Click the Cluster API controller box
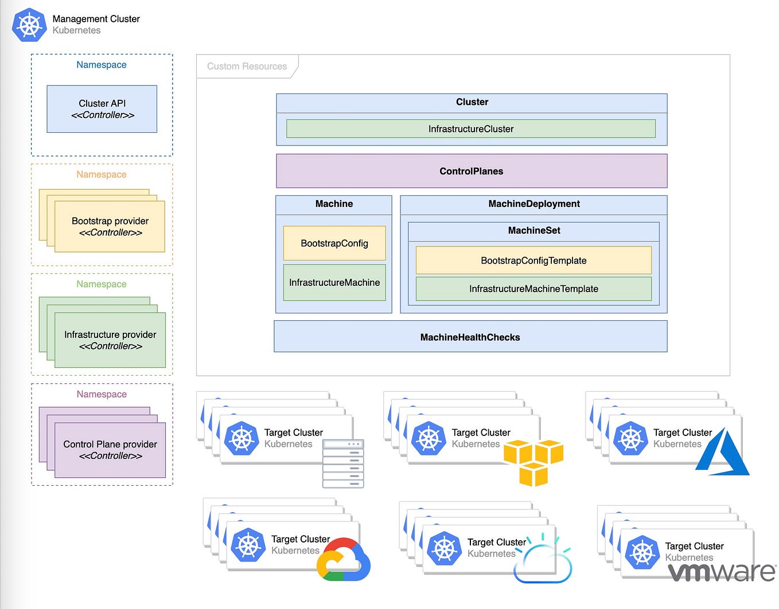102,109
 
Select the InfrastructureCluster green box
470,129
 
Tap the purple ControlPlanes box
471,171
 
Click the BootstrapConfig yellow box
334,243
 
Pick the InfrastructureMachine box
334,282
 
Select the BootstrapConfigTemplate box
533,260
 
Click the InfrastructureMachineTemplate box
533,289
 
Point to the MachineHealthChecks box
470,337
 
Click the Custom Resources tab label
247,66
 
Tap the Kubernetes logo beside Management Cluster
29,25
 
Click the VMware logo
722,571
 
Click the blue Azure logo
723,453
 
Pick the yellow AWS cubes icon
533,462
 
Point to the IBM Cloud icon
543,560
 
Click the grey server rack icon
343,463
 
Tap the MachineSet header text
533,230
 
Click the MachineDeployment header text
533,204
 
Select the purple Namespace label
102,394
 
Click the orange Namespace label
102,174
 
